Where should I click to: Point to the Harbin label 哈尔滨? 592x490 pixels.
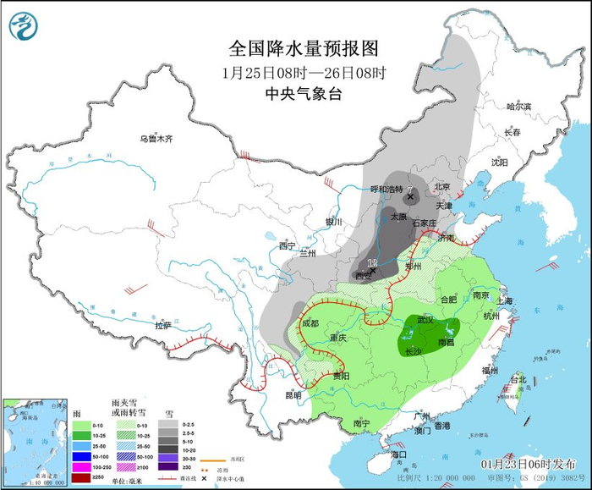pos(518,107)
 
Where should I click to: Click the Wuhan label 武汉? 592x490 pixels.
pos(425,321)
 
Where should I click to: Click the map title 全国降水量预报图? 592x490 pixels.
pos(303,48)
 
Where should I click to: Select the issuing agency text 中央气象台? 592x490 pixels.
pos(303,95)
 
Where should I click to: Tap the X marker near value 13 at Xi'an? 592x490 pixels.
pos(373,272)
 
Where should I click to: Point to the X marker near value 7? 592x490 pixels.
pos(410,196)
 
